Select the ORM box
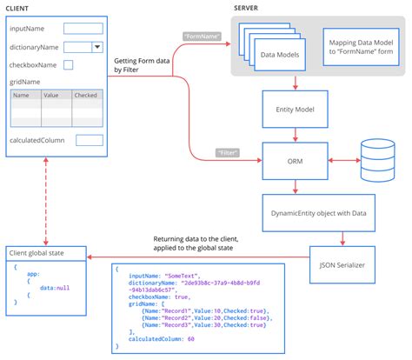click(296, 160)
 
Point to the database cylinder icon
click(378, 159)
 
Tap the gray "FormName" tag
click(202, 36)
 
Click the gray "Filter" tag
click(229, 154)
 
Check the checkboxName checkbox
click(69, 63)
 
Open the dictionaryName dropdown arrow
click(96, 48)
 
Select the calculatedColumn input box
click(90, 140)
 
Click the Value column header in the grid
click(50, 96)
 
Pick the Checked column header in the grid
click(85, 96)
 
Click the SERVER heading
click(250, 8)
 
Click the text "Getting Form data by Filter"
click(142, 65)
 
